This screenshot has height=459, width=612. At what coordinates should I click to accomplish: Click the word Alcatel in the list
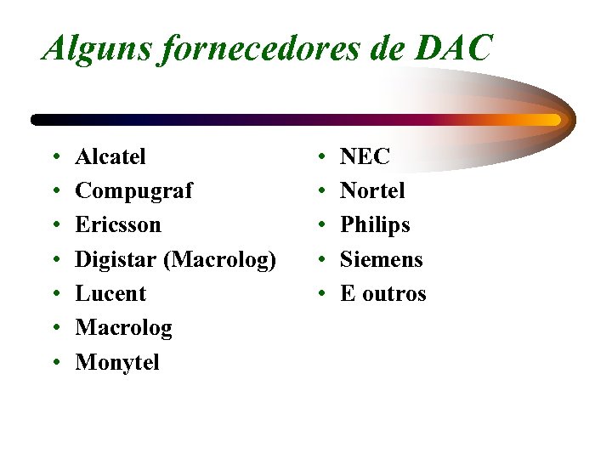point(110,156)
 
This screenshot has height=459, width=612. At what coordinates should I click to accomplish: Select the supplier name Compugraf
point(133,191)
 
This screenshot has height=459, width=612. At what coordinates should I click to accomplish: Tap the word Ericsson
point(117,225)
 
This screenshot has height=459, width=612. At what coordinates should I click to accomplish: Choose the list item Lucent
point(110,293)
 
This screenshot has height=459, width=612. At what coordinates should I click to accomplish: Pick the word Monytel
point(116,363)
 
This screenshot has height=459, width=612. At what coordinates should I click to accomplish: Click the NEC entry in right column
point(365,156)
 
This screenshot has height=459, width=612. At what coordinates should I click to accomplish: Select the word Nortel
point(372,190)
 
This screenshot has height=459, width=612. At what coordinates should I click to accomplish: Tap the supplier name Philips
point(375,225)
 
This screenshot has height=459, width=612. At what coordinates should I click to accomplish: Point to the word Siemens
point(381,259)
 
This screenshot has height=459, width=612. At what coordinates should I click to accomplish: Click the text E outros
point(382,294)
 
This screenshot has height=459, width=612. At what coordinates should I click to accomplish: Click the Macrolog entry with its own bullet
point(123,328)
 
